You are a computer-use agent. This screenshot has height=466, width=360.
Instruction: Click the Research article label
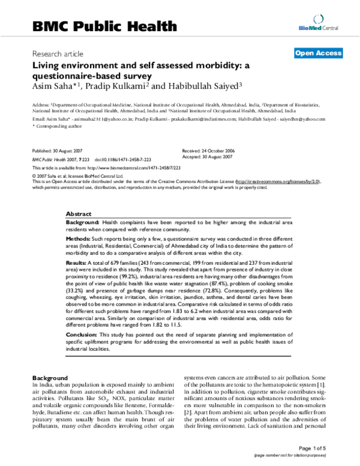(x=58, y=53)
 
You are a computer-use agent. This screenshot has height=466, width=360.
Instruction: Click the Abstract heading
(x=79, y=214)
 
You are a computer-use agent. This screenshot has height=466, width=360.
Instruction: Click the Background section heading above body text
(x=50, y=377)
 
